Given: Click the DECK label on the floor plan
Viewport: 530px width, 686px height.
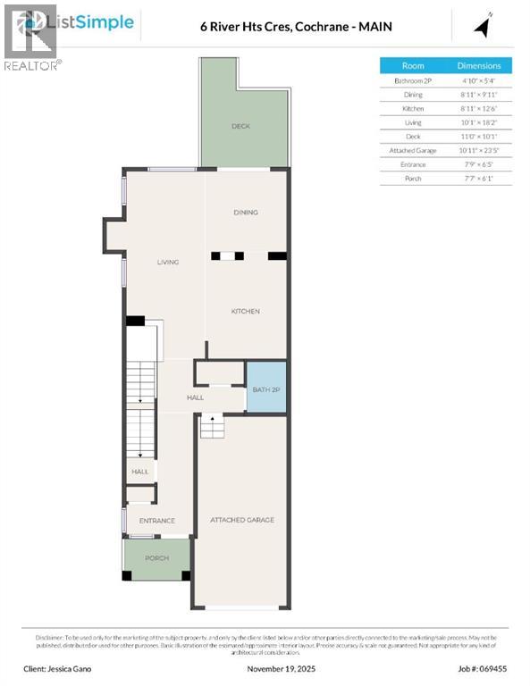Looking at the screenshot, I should pyautogui.click(x=240, y=127).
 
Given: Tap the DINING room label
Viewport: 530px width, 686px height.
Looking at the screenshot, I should pyautogui.click(x=246, y=213).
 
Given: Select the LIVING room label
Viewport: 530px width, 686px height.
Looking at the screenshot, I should pyautogui.click(x=168, y=263).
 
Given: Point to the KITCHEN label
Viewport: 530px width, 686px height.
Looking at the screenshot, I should pyautogui.click(x=246, y=312).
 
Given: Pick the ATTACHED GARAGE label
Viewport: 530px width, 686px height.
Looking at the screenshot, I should pyautogui.click(x=241, y=520).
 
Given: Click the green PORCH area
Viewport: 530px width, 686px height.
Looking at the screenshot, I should pyautogui.click(x=156, y=558).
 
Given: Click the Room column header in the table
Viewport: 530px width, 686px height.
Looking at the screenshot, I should pyautogui.click(x=413, y=66).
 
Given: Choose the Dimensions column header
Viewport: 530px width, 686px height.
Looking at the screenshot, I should pyautogui.click(x=479, y=66).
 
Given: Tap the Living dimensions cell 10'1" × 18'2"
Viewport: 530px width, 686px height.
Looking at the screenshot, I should pyautogui.click(x=479, y=122).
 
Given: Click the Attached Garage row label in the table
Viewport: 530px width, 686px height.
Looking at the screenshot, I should pyautogui.click(x=413, y=151).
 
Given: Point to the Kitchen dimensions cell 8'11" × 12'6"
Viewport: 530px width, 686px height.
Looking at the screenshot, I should pyautogui.click(x=479, y=108).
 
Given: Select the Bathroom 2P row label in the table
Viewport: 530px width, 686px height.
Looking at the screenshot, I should pyautogui.click(x=413, y=80).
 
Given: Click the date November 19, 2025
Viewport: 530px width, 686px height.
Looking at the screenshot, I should pyautogui.click(x=265, y=668).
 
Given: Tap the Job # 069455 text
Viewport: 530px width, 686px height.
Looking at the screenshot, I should pyautogui.click(x=482, y=668).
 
